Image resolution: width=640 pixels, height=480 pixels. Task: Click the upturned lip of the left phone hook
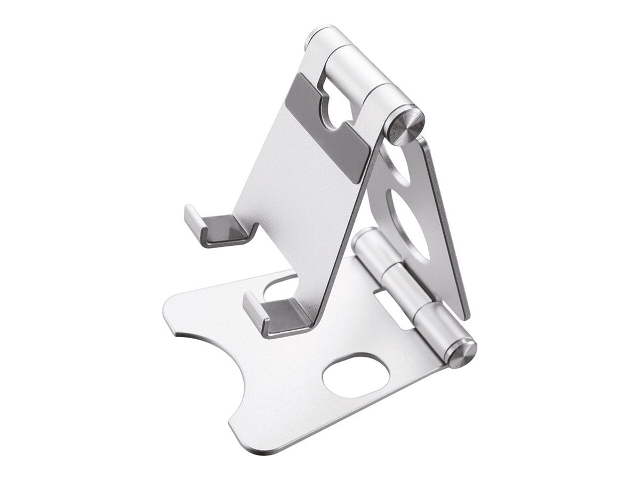coord(194,221)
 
